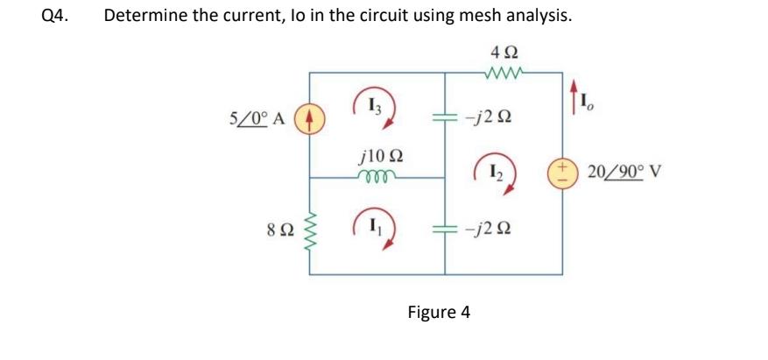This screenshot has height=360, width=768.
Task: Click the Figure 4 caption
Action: coord(439,312)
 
